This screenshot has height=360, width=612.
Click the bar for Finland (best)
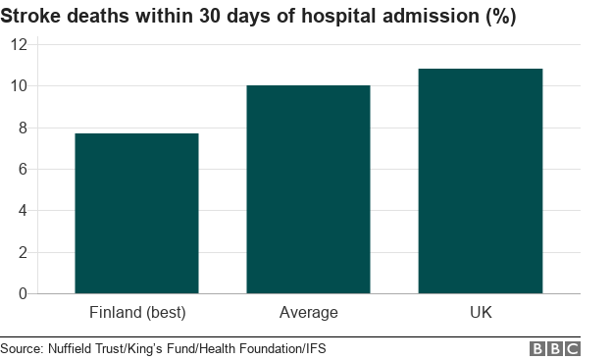coord(136,213)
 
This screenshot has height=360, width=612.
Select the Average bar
coord(308,189)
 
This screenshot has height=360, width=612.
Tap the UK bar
coord(480,180)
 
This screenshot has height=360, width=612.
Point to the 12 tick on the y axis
coord(19,45)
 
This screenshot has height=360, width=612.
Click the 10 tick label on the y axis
coord(19,86)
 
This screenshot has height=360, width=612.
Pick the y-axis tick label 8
coord(23,128)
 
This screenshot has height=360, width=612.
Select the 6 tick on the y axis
coord(23,169)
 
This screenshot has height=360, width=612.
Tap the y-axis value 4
coord(23,210)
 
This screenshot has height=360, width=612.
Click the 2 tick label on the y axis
coord(23,252)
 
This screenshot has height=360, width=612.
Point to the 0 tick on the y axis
coord(23,293)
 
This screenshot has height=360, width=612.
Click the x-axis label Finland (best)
coord(137,313)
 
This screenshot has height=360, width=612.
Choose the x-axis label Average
coord(308,313)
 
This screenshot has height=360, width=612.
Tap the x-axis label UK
coord(480,313)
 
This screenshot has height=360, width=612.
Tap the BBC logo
coord(555,348)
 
